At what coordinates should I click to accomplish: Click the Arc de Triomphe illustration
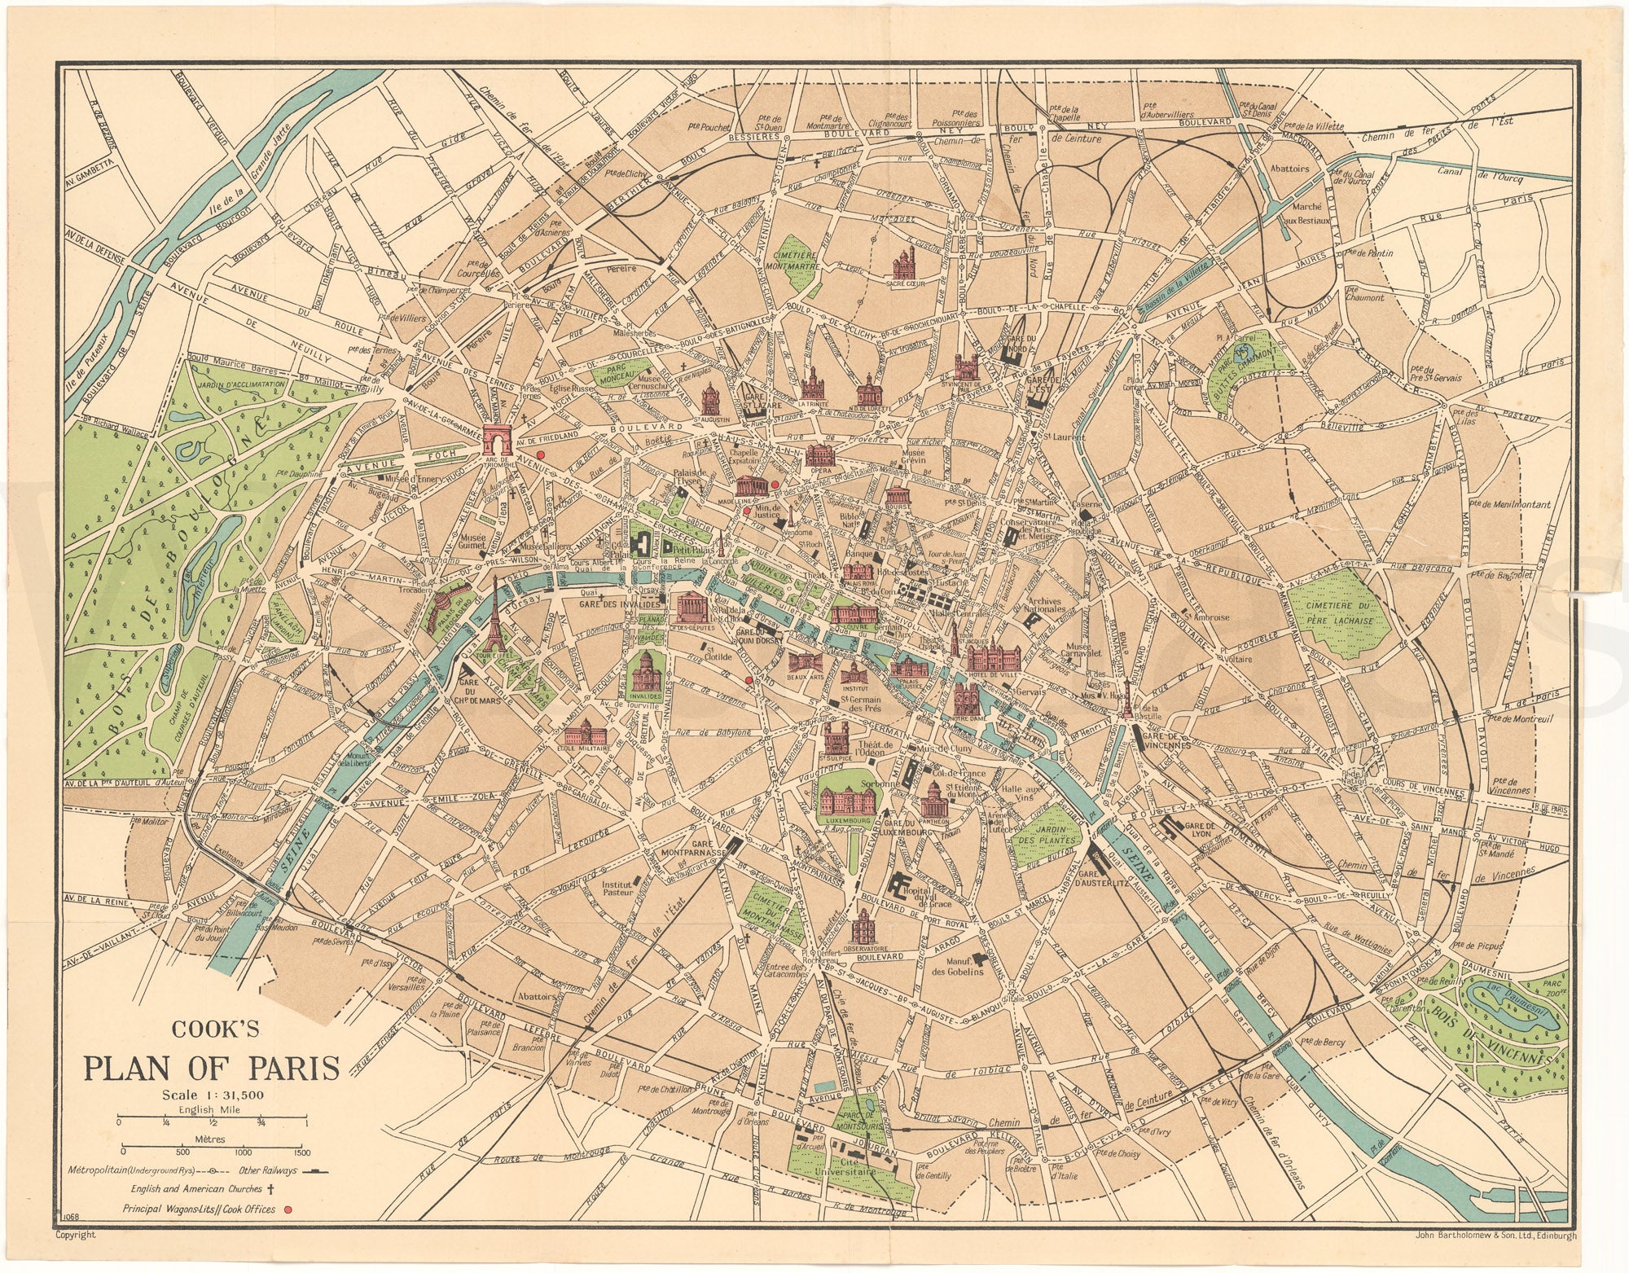494,439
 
